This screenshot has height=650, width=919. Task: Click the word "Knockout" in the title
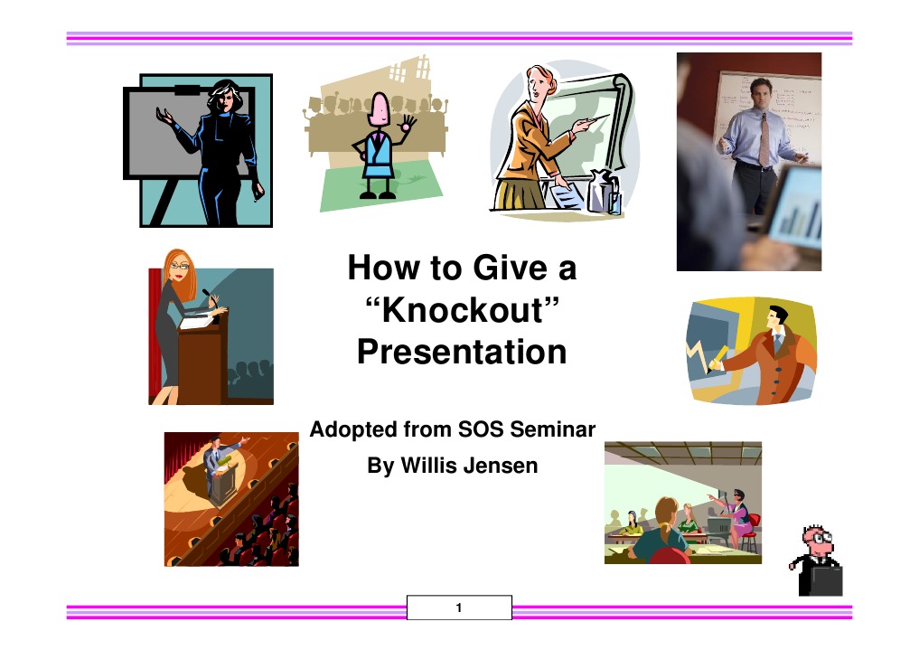pos(462,310)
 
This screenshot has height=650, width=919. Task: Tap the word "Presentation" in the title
pos(462,351)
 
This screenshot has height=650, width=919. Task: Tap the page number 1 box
pos(459,608)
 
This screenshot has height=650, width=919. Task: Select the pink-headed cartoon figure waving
pos(378,145)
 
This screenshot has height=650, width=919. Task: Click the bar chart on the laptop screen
pos(800,217)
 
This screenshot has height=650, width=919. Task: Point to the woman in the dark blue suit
pos(221,149)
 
